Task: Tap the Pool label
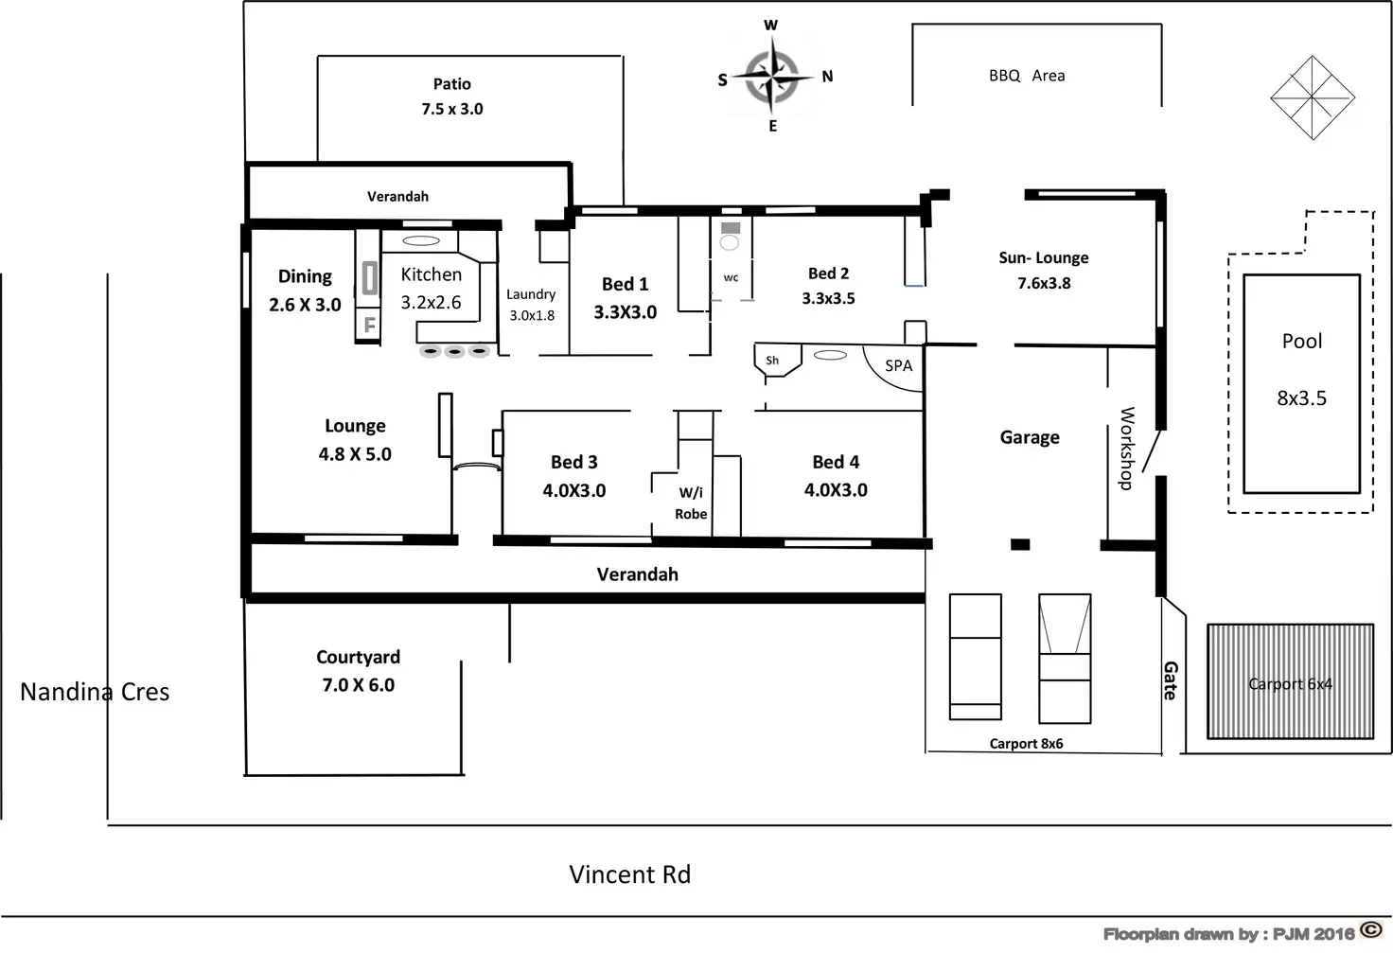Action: click(1301, 342)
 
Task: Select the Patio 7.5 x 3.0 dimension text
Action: click(452, 109)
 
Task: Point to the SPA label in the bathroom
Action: click(898, 366)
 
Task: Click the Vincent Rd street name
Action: click(629, 874)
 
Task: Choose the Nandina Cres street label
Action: click(95, 692)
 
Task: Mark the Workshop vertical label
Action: click(1126, 448)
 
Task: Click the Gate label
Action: click(1171, 679)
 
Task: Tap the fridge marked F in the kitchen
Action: click(369, 325)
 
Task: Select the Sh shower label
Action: click(772, 361)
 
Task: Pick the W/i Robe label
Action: click(691, 503)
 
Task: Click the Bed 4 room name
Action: click(836, 462)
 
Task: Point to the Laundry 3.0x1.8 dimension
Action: click(532, 315)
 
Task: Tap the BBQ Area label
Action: click(1027, 76)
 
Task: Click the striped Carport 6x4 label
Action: click(1290, 683)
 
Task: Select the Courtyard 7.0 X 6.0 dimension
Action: click(359, 684)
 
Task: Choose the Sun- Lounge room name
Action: click(1043, 257)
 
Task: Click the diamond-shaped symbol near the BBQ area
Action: click(1313, 97)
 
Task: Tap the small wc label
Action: click(731, 278)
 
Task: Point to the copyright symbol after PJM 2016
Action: click(1370, 930)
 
